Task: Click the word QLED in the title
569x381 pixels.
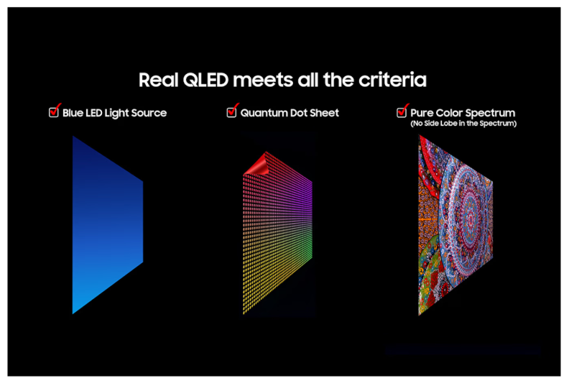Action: click(205, 81)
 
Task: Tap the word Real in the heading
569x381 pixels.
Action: click(159, 80)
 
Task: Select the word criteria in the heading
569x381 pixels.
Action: click(392, 80)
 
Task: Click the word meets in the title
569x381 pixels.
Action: click(263, 81)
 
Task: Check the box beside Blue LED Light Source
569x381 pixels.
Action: click(54, 112)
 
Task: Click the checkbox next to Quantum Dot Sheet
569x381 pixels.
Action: click(231, 112)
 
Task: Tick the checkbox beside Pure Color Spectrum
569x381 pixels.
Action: click(402, 112)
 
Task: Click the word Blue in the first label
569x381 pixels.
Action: click(73, 113)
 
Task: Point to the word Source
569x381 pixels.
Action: click(149, 113)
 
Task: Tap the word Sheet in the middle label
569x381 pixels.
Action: click(324, 113)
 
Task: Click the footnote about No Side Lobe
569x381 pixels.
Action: click(463, 124)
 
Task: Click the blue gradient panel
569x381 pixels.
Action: click(108, 225)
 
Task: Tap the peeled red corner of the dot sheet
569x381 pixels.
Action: click(257, 165)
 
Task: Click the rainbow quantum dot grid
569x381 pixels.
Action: click(277, 233)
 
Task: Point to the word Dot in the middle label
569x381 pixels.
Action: click(299, 113)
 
